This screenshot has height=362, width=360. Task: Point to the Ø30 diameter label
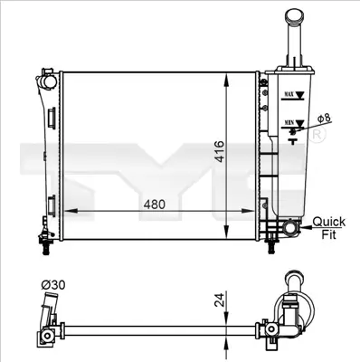click(52, 286)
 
